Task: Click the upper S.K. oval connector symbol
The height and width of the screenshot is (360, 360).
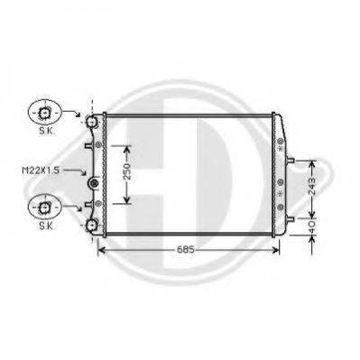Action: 42,113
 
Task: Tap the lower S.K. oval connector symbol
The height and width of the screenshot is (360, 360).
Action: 42,208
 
